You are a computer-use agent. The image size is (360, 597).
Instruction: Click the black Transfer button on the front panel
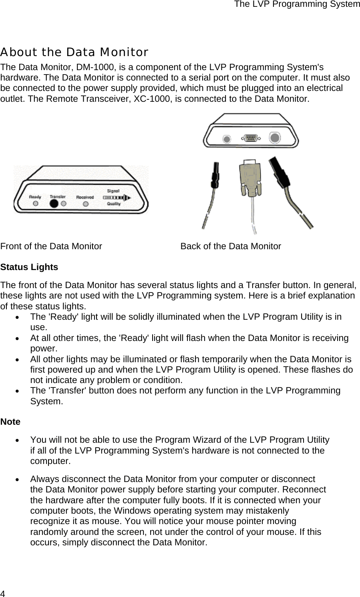[x=53, y=203]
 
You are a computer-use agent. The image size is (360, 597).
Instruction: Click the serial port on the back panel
[x=251, y=139]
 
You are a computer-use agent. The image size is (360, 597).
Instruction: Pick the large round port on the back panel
[x=275, y=138]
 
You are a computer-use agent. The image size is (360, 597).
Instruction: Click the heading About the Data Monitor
[x=74, y=52]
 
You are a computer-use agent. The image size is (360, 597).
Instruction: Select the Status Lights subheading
[x=29, y=267]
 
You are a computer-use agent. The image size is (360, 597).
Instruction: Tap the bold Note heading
[x=10, y=422]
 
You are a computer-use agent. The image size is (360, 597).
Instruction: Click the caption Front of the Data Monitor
[x=51, y=246]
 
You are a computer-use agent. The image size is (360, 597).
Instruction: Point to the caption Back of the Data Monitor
[x=231, y=246]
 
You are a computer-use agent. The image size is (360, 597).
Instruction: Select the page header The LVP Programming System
[x=297, y=4]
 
